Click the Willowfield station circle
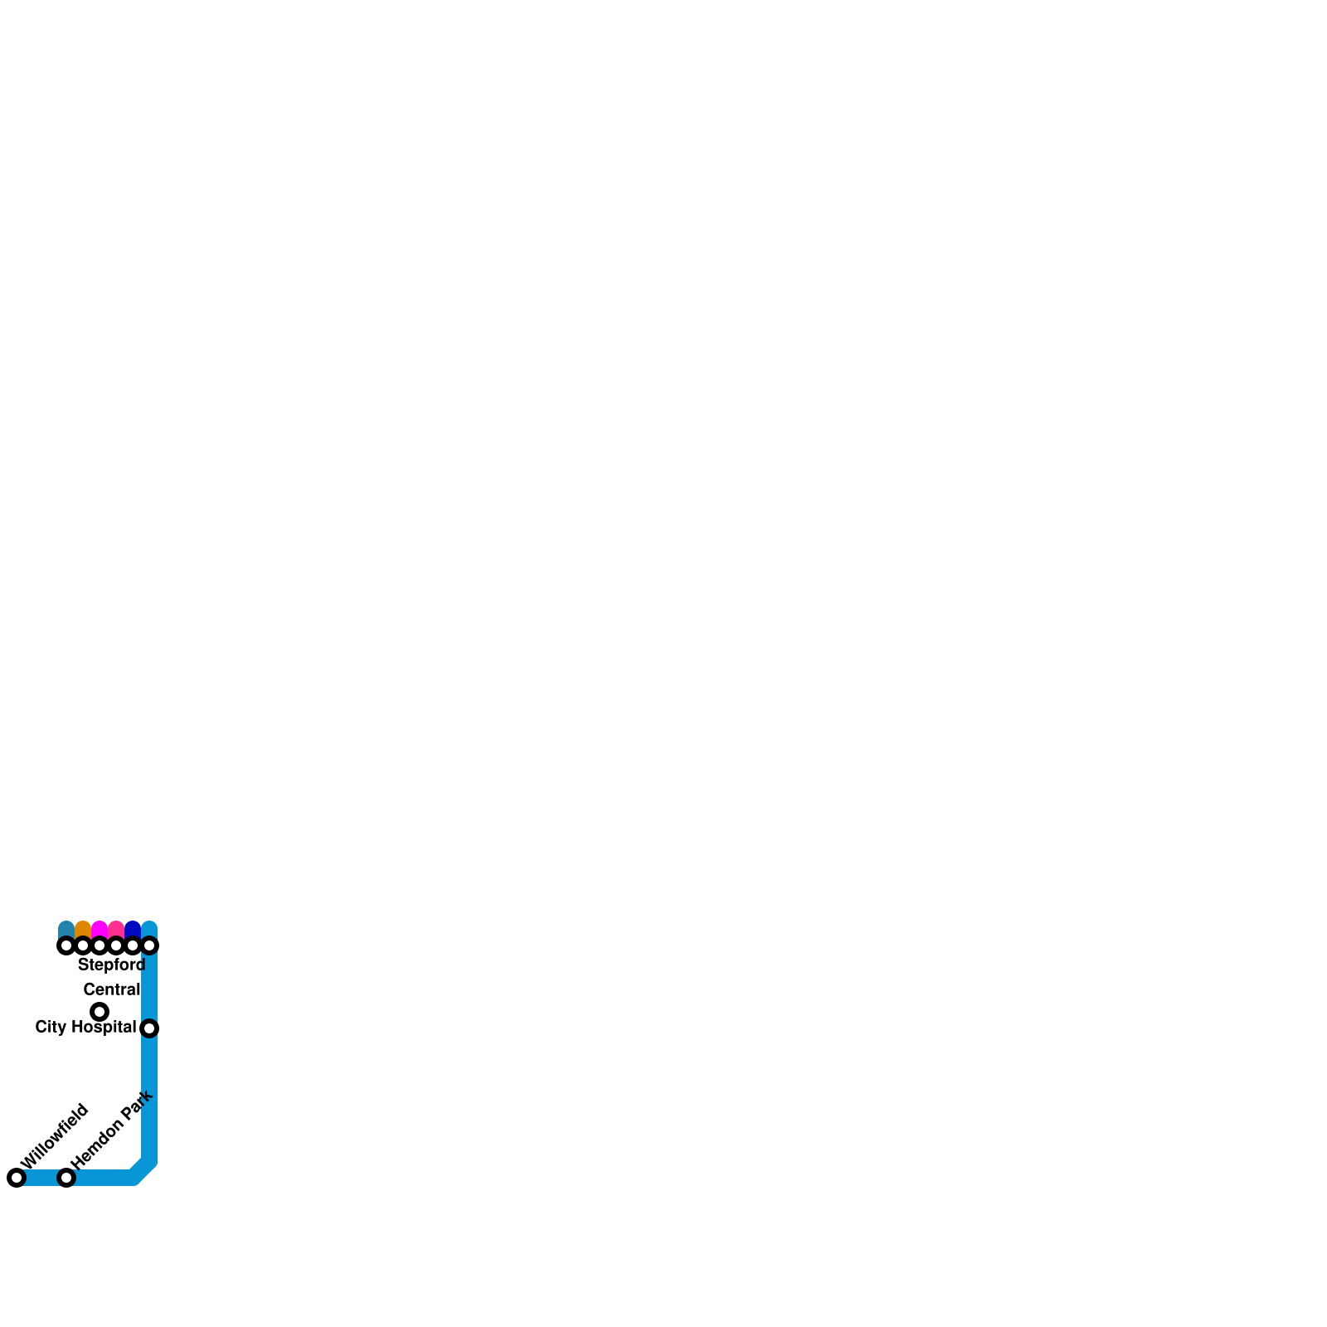pos(17,1178)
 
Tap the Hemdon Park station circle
pos(66,1178)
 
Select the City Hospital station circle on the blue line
pos(149,1028)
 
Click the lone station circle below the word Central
pos(100,1012)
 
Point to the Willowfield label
pos(54,1136)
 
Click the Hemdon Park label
pos(112,1130)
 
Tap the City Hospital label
pos(85,1028)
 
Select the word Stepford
pos(112,965)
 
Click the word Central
pos(112,989)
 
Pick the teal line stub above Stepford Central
pos(66,930)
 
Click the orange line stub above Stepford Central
pos(83,930)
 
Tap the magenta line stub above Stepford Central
pos(100,930)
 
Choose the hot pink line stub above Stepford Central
pos(116,930)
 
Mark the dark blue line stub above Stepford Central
pos(133,930)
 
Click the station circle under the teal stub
pos(66,945)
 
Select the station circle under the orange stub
pos(83,945)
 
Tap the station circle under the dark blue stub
pos(133,945)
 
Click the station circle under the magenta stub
pos(100,945)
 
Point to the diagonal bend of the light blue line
pos(143,1169)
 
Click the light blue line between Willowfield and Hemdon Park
pos(41,1178)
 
